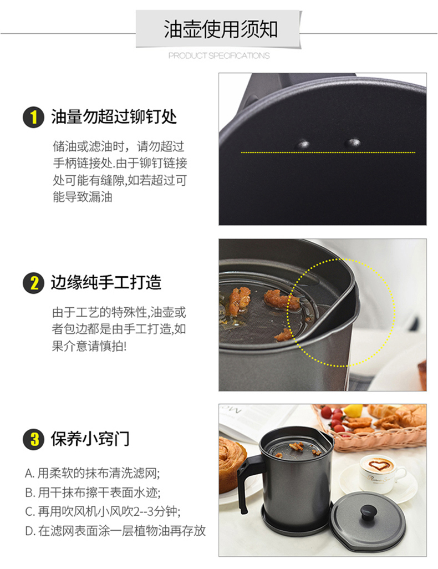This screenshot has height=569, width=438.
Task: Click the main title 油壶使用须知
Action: [x=220, y=29]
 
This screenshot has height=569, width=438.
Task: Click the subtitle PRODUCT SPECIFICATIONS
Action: [x=219, y=55]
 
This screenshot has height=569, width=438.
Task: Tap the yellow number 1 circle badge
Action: [x=33, y=117]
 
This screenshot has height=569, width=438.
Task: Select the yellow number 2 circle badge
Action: [x=33, y=283]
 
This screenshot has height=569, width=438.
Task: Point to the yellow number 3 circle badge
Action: [x=33, y=439]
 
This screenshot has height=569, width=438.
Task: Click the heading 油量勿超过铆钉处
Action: [x=114, y=117]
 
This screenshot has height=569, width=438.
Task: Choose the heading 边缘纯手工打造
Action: [x=105, y=283]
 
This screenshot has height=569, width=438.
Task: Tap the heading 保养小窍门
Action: [x=90, y=439]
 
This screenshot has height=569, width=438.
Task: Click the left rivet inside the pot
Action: [x=303, y=144]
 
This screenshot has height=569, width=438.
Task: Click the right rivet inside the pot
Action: [x=353, y=143]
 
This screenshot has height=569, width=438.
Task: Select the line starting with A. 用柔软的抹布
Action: [x=93, y=473]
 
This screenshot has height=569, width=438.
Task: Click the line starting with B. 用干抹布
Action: [x=93, y=492]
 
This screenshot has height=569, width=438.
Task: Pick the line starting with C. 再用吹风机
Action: [x=103, y=512]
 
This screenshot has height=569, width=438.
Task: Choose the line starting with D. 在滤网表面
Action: [x=115, y=531]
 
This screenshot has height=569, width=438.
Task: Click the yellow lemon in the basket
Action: [x=353, y=410]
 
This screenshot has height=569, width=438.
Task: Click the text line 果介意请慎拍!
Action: [x=89, y=346]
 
